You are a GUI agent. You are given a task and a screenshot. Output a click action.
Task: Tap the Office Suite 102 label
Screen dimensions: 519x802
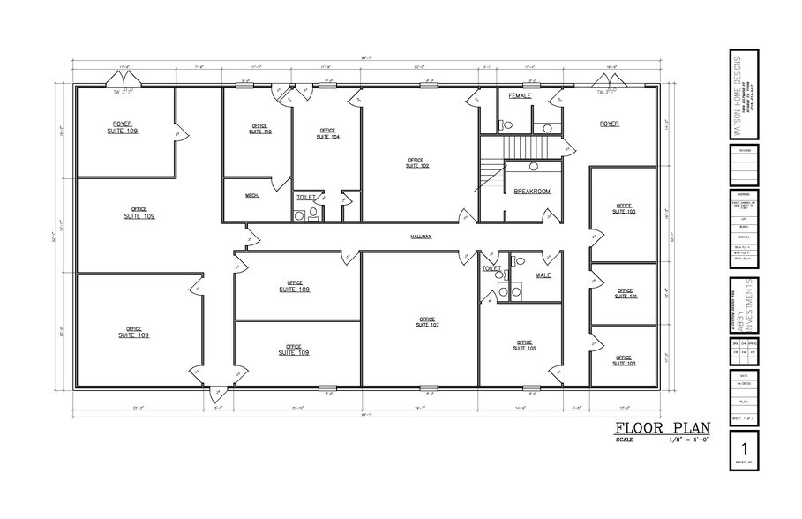(416, 162)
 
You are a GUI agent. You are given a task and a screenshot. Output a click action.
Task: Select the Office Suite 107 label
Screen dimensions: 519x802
(427, 321)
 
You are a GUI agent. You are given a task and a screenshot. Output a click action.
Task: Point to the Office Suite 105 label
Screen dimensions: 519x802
(524, 345)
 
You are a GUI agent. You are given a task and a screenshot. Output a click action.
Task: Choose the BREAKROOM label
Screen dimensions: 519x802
(532, 191)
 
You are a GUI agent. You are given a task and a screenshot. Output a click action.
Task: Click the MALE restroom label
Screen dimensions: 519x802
(543, 275)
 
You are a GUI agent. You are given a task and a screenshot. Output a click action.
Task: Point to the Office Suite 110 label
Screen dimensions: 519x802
(260, 129)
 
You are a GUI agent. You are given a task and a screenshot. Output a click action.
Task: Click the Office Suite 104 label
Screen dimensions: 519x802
(328, 134)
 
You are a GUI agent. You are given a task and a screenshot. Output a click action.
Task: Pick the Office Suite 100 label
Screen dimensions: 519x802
(624, 209)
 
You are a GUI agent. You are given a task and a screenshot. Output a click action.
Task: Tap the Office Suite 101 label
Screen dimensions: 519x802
(626, 294)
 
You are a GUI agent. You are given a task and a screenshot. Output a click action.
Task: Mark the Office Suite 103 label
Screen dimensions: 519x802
(625, 360)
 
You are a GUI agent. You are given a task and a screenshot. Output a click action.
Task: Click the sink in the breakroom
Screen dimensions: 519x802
(534, 166)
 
